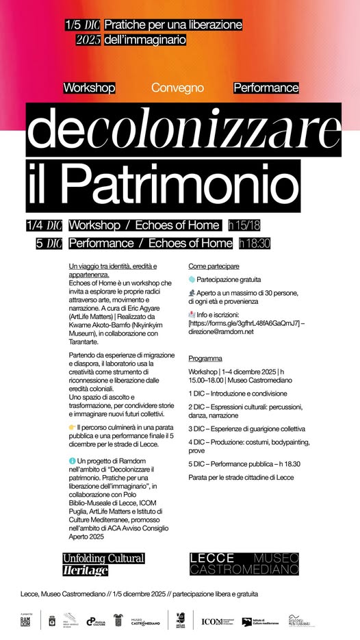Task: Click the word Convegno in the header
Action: pos(178,88)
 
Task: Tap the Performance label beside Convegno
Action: pos(266,88)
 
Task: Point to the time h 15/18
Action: pos(244,225)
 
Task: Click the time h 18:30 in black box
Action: pos(255,243)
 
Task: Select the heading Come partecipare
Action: pos(214,266)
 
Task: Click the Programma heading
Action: pos(205,358)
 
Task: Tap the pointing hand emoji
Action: pos(73,427)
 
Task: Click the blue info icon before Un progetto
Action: pos(73,461)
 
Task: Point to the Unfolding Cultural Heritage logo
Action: pos(103,564)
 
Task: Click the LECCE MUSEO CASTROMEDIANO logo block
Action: pos(244,564)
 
